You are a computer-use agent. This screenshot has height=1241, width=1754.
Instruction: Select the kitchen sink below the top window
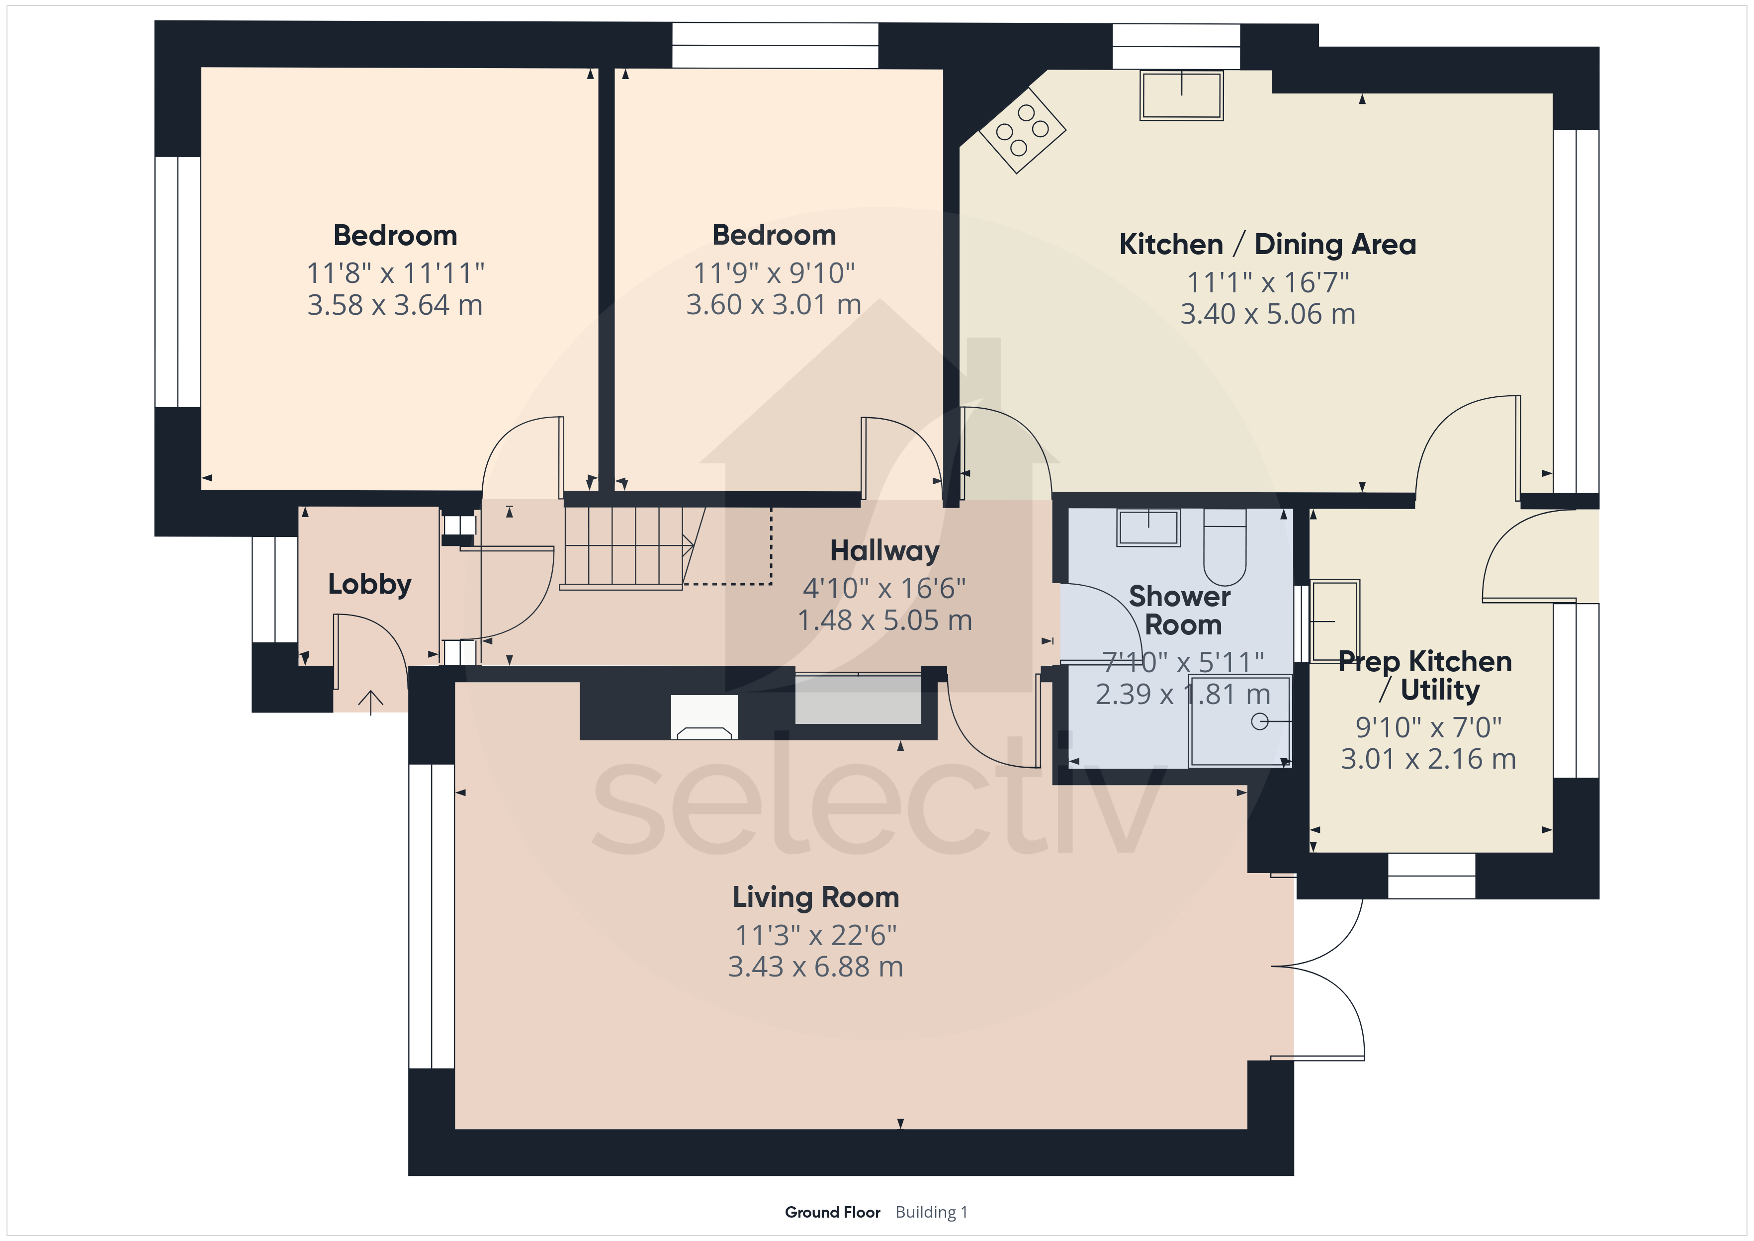pos(1181,95)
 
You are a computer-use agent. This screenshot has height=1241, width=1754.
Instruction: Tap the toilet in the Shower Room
pos(1225,547)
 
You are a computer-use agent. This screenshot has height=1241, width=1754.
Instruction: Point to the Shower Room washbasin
pos(1148,527)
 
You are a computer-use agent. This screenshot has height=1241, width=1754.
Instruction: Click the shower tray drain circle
pos(1259,721)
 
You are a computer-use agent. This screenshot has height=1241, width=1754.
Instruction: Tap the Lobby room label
pos(370,585)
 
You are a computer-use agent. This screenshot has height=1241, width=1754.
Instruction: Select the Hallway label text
pos(884,551)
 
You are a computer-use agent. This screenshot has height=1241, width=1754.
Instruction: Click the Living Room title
pos(816,897)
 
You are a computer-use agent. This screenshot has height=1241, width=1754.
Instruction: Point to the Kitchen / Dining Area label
pos(1267,245)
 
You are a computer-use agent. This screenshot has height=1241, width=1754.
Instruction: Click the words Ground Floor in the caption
pos(833,1212)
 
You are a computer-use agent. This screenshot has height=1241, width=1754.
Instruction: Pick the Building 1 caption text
pos(931,1212)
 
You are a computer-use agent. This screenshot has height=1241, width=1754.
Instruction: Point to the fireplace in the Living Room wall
pos(704,717)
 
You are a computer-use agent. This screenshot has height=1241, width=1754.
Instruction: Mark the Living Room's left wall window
pos(432,915)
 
